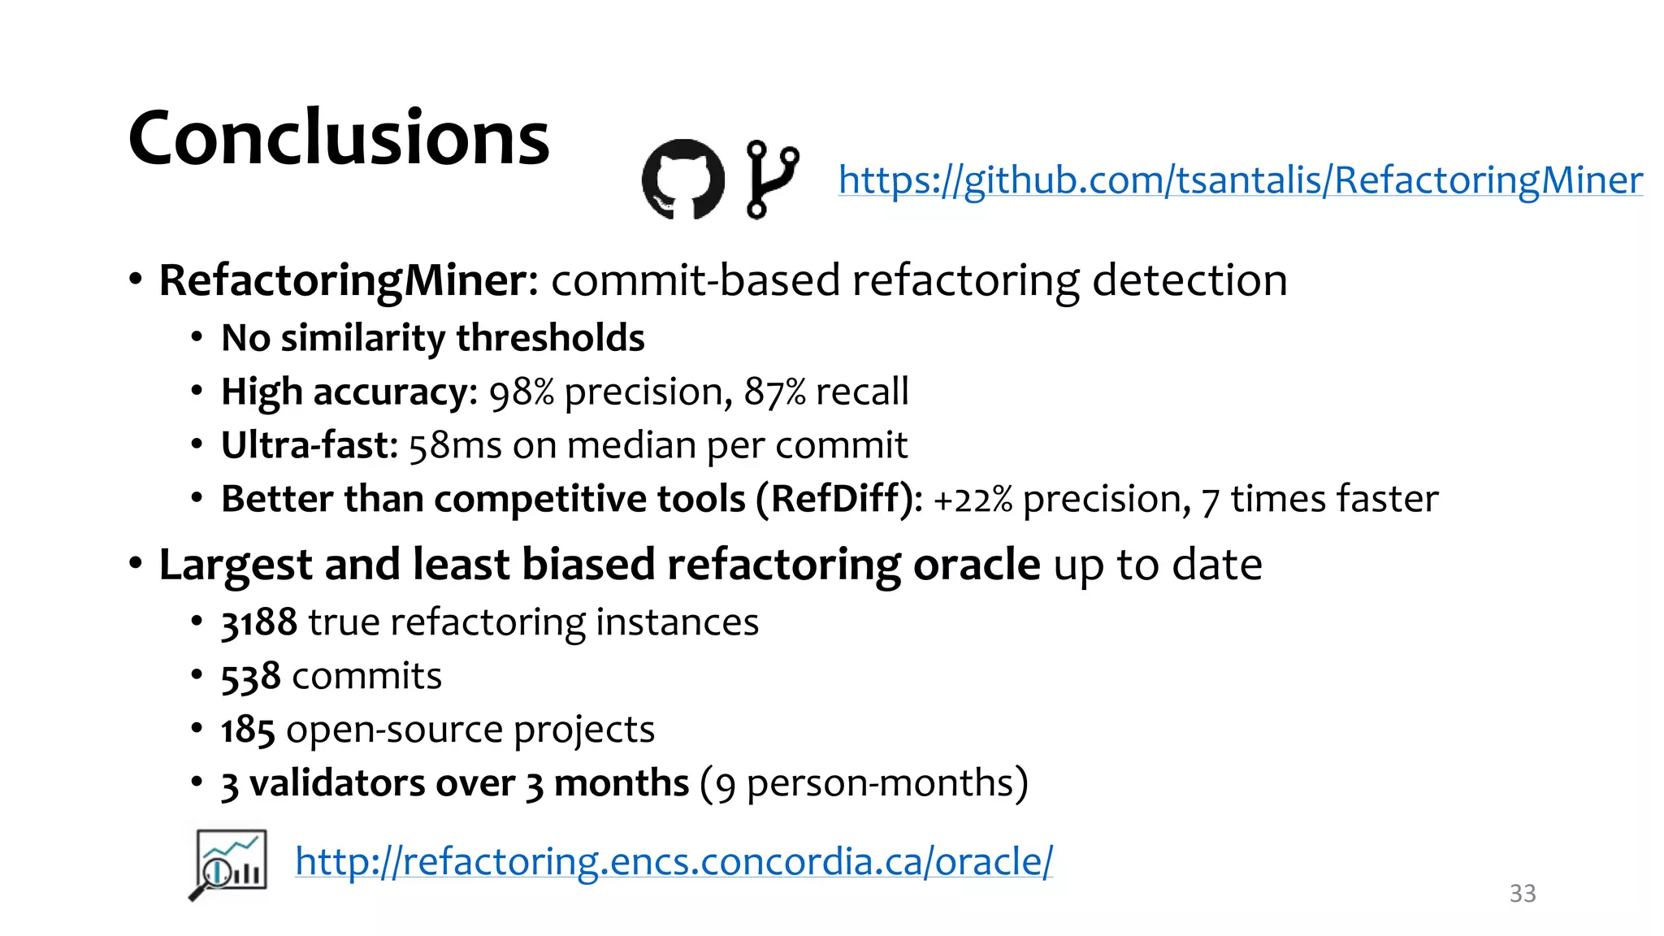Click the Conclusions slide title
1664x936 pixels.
pyautogui.click(x=339, y=138)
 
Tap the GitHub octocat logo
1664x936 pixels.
pyautogui.click(x=682, y=179)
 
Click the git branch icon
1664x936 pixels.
pyautogui.click(x=771, y=179)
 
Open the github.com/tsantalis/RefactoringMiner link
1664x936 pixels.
pyautogui.click(x=1240, y=180)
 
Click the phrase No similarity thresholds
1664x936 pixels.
pyautogui.click(x=432, y=338)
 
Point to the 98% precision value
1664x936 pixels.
pyautogui.click(x=520, y=392)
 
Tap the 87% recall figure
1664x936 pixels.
pyautogui.click(x=774, y=392)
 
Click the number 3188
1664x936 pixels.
pyautogui.click(x=258, y=623)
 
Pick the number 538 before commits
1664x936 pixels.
pyautogui.click(x=250, y=677)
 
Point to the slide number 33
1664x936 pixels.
pyautogui.click(x=1522, y=894)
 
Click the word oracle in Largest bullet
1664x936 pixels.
pyautogui.click(x=976, y=565)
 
